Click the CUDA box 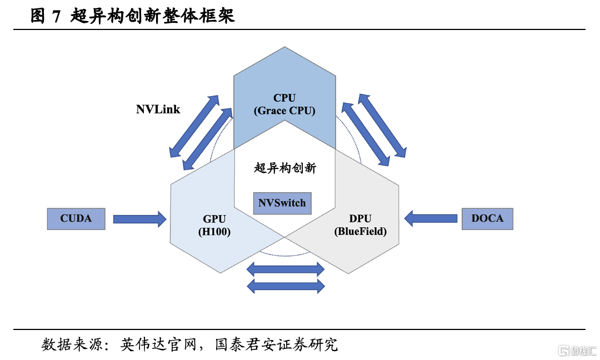(76, 219)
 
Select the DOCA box (487, 219)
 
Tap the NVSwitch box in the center (282, 203)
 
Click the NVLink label (158, 110)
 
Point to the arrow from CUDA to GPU (139, 219)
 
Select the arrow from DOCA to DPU (431, 219)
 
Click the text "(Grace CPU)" (284, 111)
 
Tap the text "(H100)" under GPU (214, 232)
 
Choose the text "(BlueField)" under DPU (361, 232)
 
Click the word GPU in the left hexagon (214, 219)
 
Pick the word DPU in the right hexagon (360, 218)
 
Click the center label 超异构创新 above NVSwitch (285, 168)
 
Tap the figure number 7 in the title (56, 17)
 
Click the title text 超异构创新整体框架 (152, 16)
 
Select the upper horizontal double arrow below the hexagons (286, 269)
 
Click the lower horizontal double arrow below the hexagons (286, 286)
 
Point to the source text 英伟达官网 (158, 344)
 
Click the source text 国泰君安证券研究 (276, 344)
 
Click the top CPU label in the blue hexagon (284, 98)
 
